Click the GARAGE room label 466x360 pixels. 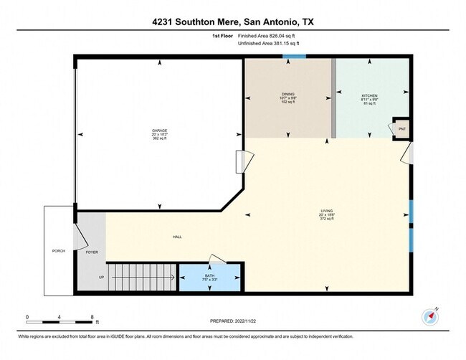coord(159,131)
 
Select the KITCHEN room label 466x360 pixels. coord(369,95)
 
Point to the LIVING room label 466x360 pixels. coord(327,211)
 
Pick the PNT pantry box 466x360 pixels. coord(401,128)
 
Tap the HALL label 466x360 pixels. coord(176,237)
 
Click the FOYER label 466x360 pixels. coord(92,252)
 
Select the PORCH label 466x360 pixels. coord(59,252)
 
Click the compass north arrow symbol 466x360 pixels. coord(432,316)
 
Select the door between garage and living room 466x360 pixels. coord(241,161)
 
